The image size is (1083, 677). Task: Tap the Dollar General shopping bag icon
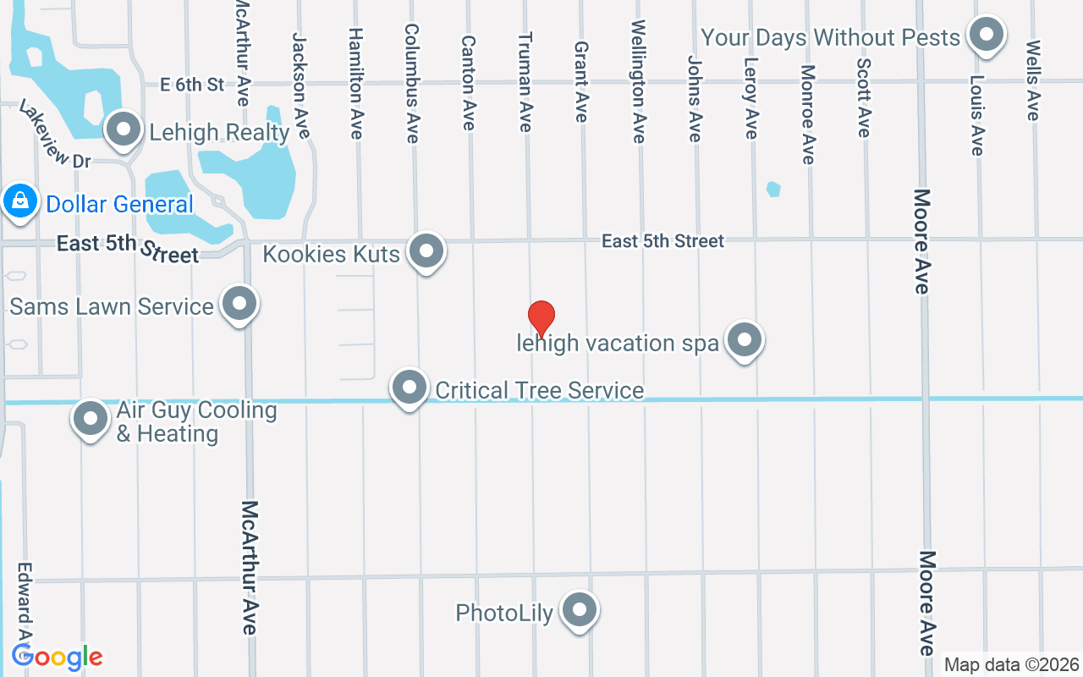coord(19,202)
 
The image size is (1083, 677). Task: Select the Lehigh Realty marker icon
coord(125,130)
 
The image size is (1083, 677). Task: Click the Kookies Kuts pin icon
coord(426,251)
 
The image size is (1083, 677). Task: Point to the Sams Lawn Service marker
coord(239,304)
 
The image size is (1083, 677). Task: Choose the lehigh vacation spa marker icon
coord(745,340)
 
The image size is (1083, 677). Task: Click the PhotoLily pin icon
coord(580,610)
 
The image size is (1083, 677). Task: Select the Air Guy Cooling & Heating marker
coord(91,418)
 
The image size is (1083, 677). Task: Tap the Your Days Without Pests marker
coord(986,36)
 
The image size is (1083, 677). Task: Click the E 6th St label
coord(193,84)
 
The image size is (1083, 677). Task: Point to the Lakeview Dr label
coord(54,135)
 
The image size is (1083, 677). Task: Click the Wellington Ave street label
coord(638,81)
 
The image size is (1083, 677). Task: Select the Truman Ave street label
coord(525,81)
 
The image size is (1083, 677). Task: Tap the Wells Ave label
coord(1033,80)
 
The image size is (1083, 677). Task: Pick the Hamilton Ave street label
coord(355,83)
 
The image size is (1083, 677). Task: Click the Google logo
coord(57,657)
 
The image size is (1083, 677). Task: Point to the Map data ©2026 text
coord(1012,665)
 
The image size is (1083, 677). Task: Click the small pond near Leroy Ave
coord(773,189)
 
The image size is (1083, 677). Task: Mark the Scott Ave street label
coord(864,96)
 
